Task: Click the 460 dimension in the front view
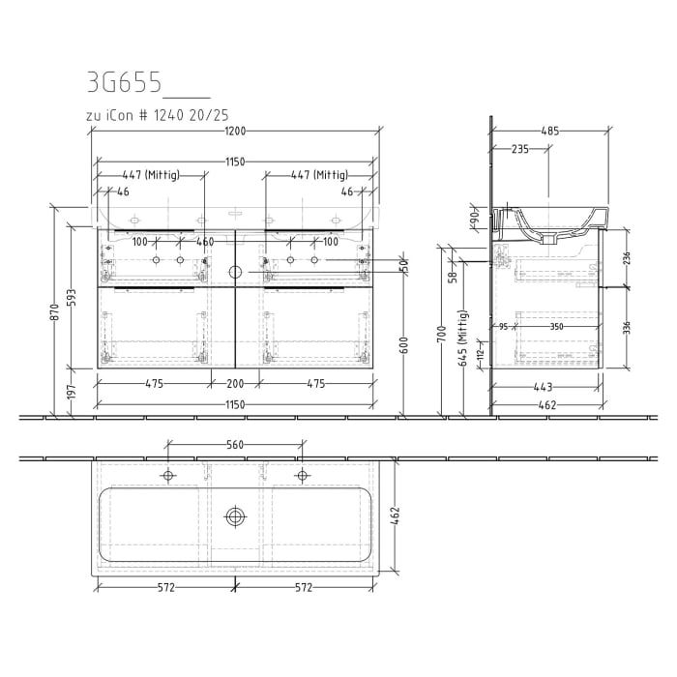click(205, 242)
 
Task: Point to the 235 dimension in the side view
click(518, 149)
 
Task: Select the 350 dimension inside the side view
click(557, 327)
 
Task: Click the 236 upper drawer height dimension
click(627, 258)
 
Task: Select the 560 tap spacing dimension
click(235, 446)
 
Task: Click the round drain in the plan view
click(235, 516)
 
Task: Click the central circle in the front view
click(235, 273)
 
